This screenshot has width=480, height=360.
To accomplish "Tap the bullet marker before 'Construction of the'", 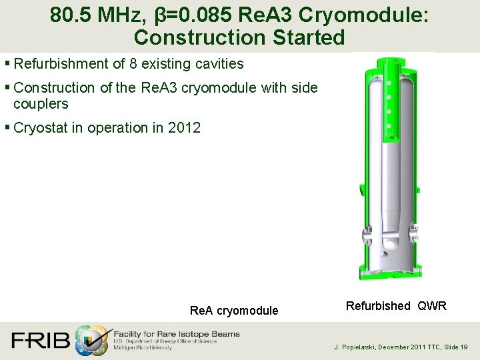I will coord(7,88).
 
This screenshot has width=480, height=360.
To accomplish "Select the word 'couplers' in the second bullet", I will coord(41,104).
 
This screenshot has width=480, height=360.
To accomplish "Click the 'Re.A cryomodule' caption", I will coord(234,311).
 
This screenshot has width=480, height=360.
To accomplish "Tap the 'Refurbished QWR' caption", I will coord(396,306).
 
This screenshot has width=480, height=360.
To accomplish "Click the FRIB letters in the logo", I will coord(41,340).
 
